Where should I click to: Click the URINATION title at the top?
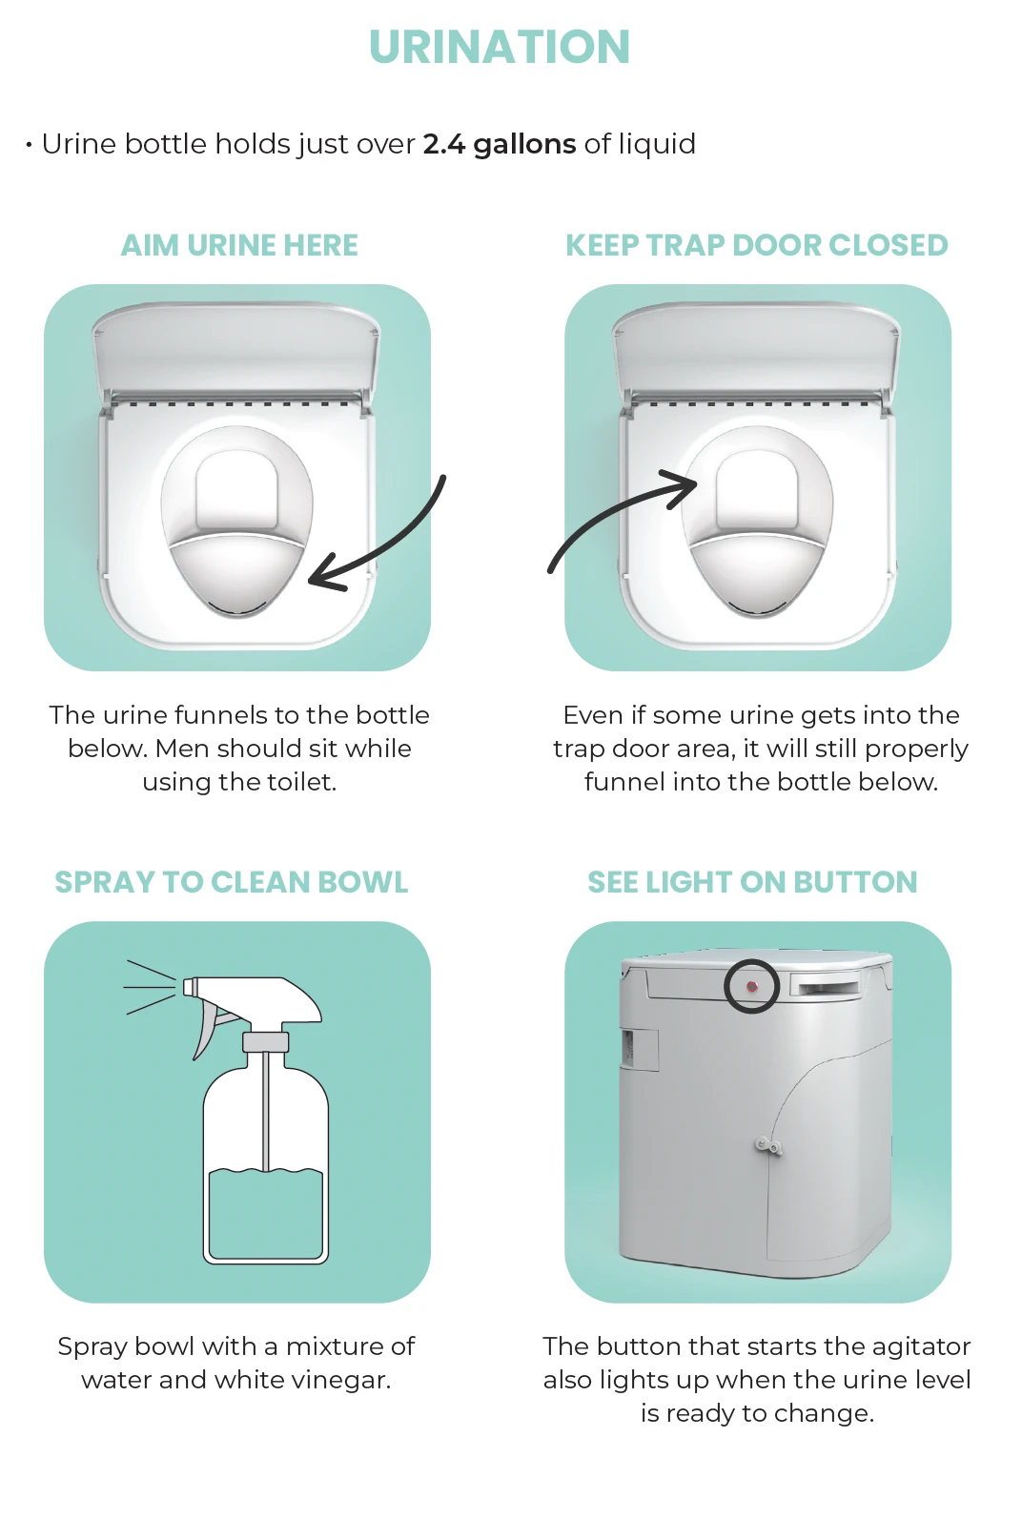tap(500, 48)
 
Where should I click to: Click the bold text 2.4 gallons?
tap(500, 144)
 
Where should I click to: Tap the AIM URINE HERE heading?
tap(239, 245)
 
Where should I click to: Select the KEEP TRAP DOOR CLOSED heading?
tap(757, 245)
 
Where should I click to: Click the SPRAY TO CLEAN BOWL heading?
tap(232, 882)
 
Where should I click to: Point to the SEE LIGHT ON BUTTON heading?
tap(752, 882)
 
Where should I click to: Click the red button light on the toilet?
tap(752, 986)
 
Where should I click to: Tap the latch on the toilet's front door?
tap(768, 1145)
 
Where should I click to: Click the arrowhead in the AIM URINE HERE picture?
tap(326, 573)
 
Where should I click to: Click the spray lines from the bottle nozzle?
tap(151, 987)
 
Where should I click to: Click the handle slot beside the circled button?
tap(826, 985)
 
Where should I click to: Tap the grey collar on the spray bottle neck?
tap(266, 1041)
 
